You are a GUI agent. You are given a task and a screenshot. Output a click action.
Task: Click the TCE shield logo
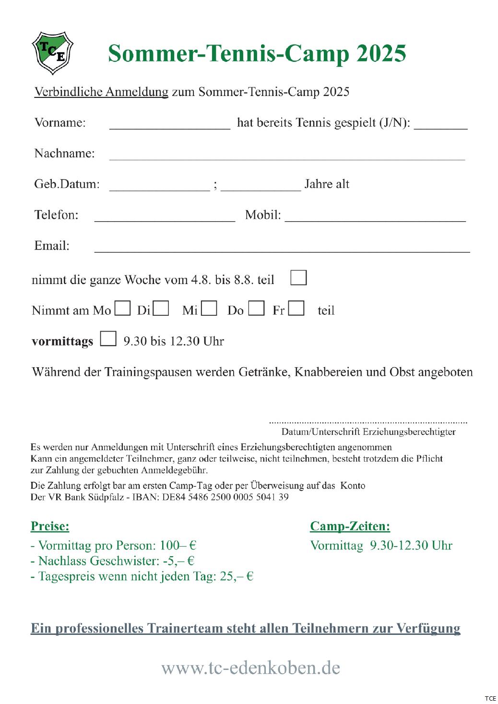52,52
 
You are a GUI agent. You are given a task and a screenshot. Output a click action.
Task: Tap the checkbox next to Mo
123,308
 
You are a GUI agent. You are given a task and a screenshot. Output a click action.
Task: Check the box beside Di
161,308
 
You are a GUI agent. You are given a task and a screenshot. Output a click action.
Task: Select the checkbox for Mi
209,308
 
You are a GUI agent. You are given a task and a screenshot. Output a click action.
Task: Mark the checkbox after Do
257,308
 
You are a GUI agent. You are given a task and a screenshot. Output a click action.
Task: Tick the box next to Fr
296,308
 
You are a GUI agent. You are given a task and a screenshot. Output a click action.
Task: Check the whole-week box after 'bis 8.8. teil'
298,278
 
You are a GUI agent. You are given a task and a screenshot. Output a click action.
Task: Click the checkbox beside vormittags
108,339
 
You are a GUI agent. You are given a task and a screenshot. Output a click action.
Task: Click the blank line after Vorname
170,127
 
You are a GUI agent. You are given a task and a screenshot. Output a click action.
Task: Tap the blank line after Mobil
375,219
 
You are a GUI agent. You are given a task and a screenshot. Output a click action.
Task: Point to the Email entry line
282,250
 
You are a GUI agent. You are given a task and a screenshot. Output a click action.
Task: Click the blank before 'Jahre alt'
261,188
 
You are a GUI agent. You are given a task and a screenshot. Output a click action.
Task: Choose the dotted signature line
368,422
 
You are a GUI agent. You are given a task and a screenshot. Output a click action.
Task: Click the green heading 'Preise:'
50,526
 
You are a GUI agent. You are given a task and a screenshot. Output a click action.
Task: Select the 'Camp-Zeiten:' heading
350,526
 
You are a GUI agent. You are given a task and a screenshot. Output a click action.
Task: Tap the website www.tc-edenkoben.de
250,668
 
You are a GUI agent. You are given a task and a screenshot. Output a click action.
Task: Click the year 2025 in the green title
381,53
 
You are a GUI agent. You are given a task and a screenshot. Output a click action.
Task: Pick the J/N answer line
440,127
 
